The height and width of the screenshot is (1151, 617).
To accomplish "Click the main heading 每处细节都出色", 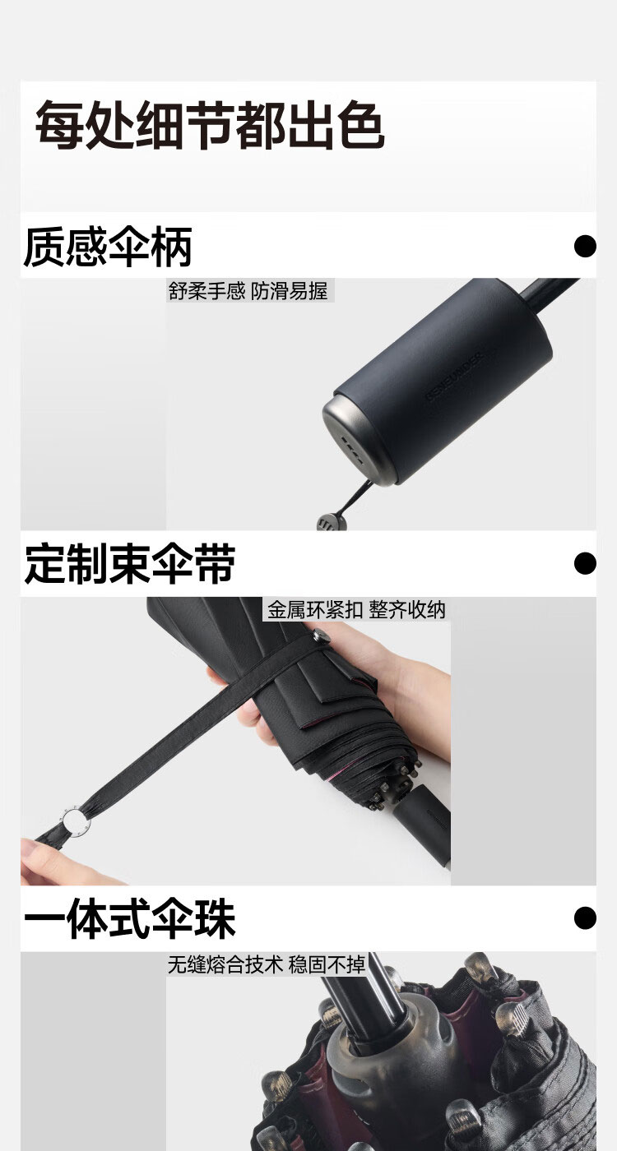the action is tap(210, 125).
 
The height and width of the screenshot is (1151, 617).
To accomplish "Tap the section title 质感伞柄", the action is tap(108, 247).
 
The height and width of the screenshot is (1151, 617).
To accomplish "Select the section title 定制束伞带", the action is tap(130, 564).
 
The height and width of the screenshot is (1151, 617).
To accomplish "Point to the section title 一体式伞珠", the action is tap(130, 919).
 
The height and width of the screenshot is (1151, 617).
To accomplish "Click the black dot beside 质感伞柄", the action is tap(585, 246).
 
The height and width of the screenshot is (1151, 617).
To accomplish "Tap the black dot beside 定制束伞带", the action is tap(585, 563).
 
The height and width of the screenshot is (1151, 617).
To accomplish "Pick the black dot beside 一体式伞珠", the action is tap(585, 918).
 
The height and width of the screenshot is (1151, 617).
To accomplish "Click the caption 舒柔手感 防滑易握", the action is tap(248, 291).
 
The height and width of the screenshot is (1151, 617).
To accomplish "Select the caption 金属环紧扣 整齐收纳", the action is tap(355, 610).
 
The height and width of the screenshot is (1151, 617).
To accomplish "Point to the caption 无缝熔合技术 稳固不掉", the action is tap(267, 964).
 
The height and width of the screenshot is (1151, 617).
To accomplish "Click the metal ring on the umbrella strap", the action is tap(75, 821).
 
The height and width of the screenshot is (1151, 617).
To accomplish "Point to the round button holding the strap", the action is tap(321, 635).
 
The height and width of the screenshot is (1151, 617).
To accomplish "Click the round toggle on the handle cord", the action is tap(332, 522).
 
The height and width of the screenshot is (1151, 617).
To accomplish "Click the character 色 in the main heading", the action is tap(361, 125).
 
